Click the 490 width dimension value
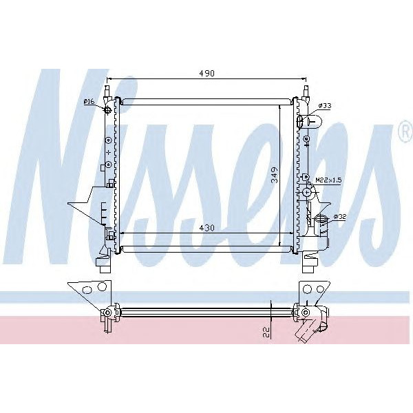[x=206, y=73]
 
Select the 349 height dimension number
[x=275, y=175]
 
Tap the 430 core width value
[x=206, y=228]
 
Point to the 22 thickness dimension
[x=266, y=332]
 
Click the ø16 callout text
[x=89, y=101]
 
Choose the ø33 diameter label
[x=325, y=105]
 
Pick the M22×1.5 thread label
[x=328, y=180]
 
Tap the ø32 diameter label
[x=339, y=217]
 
